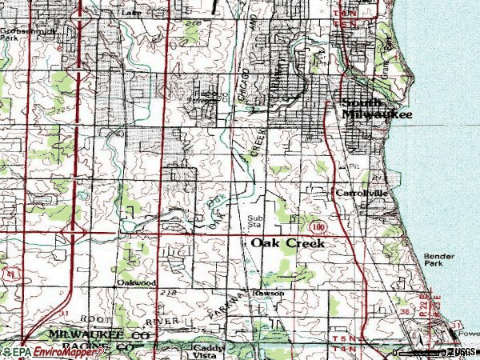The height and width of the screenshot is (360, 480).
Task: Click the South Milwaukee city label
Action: point(377,109)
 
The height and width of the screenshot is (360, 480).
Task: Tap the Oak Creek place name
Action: point(288,242)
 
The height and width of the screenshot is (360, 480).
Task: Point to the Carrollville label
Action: point(361,194)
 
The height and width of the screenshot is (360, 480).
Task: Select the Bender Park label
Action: point(439,259)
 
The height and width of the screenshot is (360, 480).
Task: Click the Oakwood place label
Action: point(134,282)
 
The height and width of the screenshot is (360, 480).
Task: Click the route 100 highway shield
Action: point(319,227)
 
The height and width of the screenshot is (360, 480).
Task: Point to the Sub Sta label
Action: point(255,221)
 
